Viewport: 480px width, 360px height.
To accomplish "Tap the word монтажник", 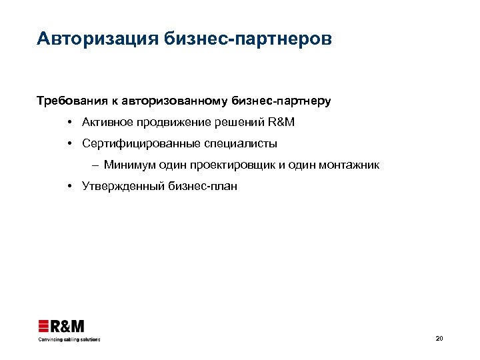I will tap(350, 165).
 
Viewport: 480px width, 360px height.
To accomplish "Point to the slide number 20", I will tap(439, 339).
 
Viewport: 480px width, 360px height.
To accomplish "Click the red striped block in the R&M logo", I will tap(44, 326).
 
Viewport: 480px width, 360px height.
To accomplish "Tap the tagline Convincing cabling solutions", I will tap(68, 339).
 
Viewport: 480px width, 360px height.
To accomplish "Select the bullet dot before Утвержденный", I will tap(69, 186).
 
